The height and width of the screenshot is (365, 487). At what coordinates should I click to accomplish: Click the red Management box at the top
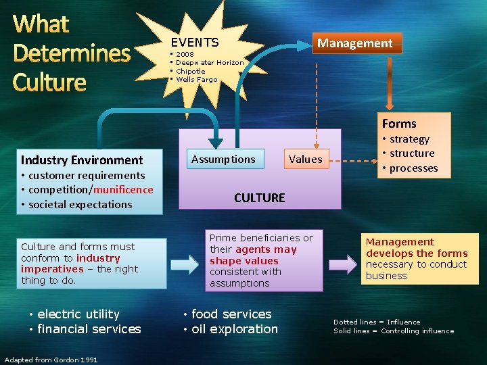tap(355, 43)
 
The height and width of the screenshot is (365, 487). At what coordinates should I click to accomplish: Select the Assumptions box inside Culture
tap(223, 160)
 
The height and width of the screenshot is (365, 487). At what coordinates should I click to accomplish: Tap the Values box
tap(305, 160)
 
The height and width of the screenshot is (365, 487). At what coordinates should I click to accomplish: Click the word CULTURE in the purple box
tap(259, 198)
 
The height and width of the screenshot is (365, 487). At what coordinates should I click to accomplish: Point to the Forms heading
tap(399, 124)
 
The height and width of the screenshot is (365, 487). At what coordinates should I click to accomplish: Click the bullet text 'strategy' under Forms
tap(409, 139)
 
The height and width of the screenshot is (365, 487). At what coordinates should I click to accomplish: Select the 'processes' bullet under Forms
tap(413, 168)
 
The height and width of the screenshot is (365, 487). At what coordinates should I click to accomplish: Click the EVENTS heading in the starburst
tap(194, 42)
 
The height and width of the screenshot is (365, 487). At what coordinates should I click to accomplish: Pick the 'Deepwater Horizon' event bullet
tap(210, 62)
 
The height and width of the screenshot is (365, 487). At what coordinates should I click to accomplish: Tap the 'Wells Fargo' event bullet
tap(197, 80)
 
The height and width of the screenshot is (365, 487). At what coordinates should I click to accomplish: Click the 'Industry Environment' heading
tap(82, 160)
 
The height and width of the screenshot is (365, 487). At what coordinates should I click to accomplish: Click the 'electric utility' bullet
tap(78, 314)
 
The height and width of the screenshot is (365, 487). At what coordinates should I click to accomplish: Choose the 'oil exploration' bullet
tap(234, 329)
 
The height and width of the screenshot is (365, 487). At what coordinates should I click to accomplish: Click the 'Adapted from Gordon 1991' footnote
tap(51, 360)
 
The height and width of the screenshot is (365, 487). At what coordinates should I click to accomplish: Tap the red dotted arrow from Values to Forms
tap(352, 160)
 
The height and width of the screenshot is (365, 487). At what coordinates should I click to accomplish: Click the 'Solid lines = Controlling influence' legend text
tap(393, 331)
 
